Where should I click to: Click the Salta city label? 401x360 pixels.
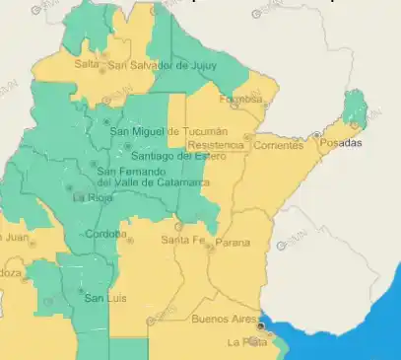[86, 64]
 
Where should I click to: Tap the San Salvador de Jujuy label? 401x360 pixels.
[162, 65]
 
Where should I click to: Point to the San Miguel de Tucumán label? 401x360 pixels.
[167, 131]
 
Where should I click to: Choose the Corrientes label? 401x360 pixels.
[278, 145]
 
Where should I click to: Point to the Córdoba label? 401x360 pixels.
[104, 234]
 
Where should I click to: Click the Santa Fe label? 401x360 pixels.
[182, 240]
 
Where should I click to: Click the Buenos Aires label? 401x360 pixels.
[223, 319]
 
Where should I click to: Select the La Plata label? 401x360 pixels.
[246, 342]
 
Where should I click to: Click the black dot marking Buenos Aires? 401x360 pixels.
[261, 324]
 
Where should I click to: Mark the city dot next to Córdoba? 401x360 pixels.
[130, 237]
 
